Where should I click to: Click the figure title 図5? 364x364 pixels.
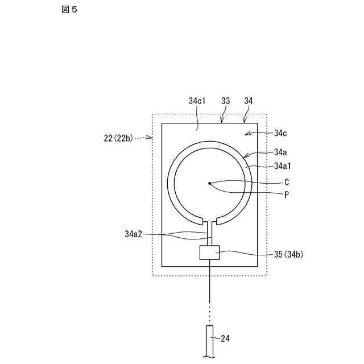pyautogui.click(x=69, y=10)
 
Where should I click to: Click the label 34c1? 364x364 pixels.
pyautogui.click(x=197, y=101)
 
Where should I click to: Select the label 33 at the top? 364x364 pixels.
pyautogui.click(x=226, y=101)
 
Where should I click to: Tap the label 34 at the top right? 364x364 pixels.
pyautogui.click(x=249, y=101)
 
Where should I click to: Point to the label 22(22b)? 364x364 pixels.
pyautogui.click(x=118, y=137)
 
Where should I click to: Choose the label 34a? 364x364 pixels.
pyautogui.click(x=280, y=152)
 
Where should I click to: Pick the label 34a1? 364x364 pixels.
pyautogui.click(x=283, y=166)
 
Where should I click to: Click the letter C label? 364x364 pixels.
pyautogui.click(x=287, y=183)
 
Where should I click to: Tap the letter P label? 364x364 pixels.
pyautogui.click(x=287, y=194)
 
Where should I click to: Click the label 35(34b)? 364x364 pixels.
pyautogui.click(x=288, y=254)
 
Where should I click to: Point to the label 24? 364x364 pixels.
pyautogui.click(x=225, y=338)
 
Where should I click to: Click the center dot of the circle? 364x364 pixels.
pyautogui.click(x=210, y=183)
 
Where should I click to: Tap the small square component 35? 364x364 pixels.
pyautogui.click(x=210, y=253)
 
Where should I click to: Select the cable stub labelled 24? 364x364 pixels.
pyautogui.click(x=210, y=341)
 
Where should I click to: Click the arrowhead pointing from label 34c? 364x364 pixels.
pyautogui.click(x=246, y=133)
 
